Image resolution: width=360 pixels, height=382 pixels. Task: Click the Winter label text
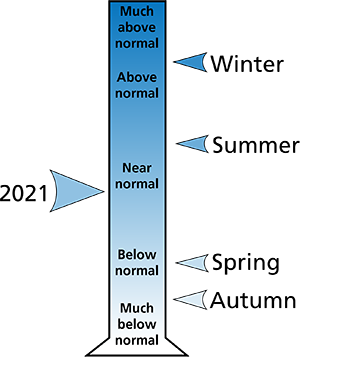(x=247, y=64)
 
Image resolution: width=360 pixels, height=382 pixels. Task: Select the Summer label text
(x=256, y=145)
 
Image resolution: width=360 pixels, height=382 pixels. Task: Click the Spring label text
(x=246, y=263)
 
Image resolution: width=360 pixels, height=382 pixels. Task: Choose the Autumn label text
(x=253, y=300)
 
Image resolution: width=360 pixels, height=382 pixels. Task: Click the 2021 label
(x=24, y=194)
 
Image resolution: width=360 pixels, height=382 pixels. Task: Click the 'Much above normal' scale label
(x=137, y=27)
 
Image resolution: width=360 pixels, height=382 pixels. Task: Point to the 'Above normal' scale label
(x=137, y=85)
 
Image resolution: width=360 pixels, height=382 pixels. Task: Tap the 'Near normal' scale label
(x=137, y=176)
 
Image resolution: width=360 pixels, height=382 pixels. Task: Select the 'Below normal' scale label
(x=137, y=263)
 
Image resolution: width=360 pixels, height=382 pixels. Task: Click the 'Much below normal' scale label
(x=137, y=324)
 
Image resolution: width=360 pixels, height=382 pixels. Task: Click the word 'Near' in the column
(x=137, y=168)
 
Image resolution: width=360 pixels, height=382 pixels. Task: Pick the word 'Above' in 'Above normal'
(x=137, y=77)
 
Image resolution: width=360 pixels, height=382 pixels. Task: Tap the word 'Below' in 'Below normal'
(x=137, y=255)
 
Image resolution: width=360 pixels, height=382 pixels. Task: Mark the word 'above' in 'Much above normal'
(x=137, y=27)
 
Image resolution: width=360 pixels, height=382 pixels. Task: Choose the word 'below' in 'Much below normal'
(x=137, y=324)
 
